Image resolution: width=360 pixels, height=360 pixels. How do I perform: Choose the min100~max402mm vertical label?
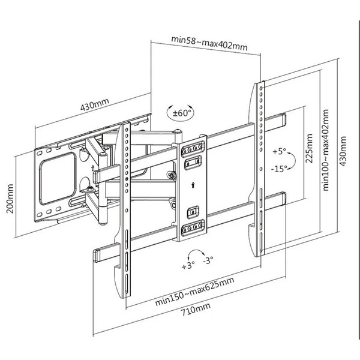(326, 149)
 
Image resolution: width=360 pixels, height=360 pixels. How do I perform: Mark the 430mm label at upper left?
(95, 106)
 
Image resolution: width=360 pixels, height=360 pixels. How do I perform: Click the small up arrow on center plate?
(193, 185)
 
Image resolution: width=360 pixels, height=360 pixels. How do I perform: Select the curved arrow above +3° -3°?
(196, 252)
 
